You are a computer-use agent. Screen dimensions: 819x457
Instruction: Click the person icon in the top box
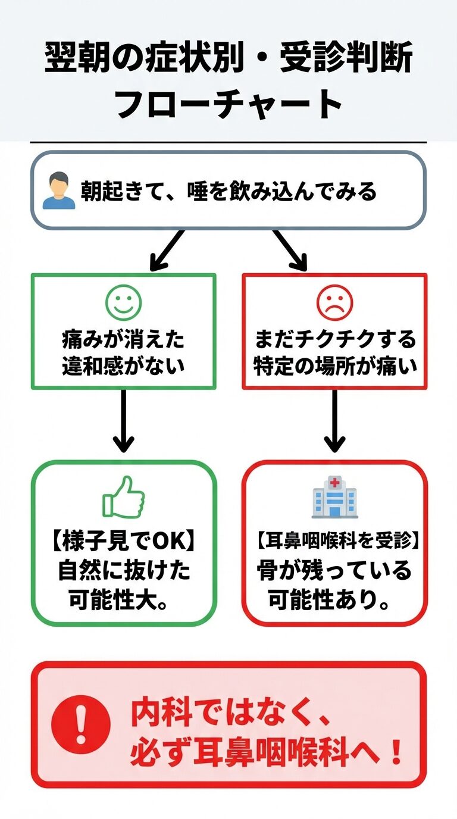pyautogui.click(x=59, y=192)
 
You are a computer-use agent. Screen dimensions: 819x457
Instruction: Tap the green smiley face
pyautogui.click(x=123, y=301)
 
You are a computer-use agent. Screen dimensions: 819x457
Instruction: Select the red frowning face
pyautogui.click(x=334, y=301)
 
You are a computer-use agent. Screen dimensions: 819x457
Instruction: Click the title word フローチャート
pyautogui.click(x=228, y=104)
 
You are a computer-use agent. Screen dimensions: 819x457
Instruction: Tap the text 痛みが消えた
pyautogui.click(x=123, y=340)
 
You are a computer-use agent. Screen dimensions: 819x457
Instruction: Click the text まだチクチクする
pyautogui.click(x=334, y=340)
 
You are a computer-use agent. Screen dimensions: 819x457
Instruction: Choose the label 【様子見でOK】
pyautogui.click(x=123, y=543)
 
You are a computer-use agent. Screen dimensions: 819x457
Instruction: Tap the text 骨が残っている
pyautogui.click(x=334, y=571)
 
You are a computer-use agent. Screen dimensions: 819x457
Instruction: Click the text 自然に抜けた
pyautogui.click(x=123, y=571)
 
